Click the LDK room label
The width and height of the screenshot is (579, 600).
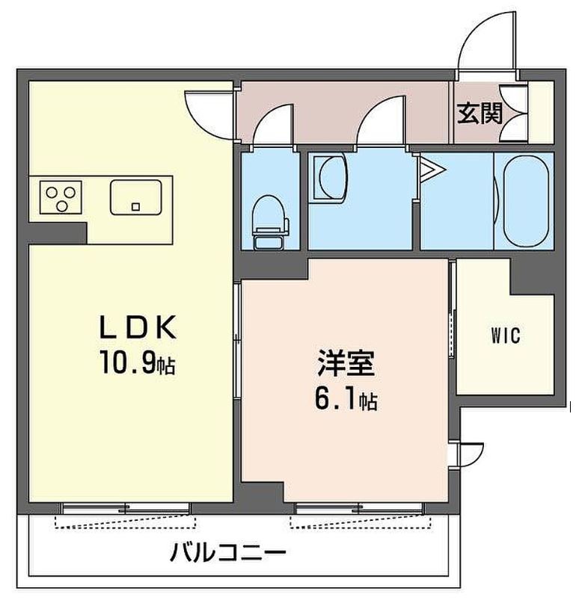[x=138, y=327]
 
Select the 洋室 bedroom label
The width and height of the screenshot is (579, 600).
[x=346, y=362]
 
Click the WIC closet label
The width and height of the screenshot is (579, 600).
[x=506, y=335]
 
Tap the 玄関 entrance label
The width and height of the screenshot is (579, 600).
[x=480, y=114]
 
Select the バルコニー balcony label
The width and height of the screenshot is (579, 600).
[x=228, y=552]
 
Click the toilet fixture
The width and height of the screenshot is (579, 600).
[x=270, y=223]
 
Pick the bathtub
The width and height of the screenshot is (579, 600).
[x=525, y=201]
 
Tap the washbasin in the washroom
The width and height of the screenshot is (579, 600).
[x=331, y=178]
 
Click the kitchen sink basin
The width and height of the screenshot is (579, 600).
[x=135, y=197]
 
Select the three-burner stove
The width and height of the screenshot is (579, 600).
[x=61, y=197]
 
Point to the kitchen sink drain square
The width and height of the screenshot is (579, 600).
[x=135, y=207]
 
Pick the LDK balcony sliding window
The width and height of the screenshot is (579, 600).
[x=126, y=509]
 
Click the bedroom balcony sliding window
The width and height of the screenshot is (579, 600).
[x=360, y=509]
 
